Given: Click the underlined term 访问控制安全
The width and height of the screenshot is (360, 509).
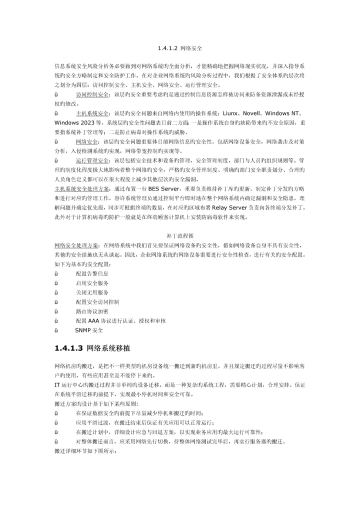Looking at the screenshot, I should tap(93, 94).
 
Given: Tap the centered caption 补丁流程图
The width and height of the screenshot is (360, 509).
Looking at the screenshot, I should tap(179, 235).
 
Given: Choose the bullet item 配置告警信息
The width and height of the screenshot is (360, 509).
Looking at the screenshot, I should tap(91, 273).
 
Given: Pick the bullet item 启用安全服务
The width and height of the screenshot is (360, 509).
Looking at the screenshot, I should tap(91, 283).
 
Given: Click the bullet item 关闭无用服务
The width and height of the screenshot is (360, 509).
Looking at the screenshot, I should tap(91, 292).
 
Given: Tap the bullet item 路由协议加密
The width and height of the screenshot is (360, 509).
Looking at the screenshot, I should tap(91, 311).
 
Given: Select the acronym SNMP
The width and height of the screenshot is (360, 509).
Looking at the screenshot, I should tap(82, 330).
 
